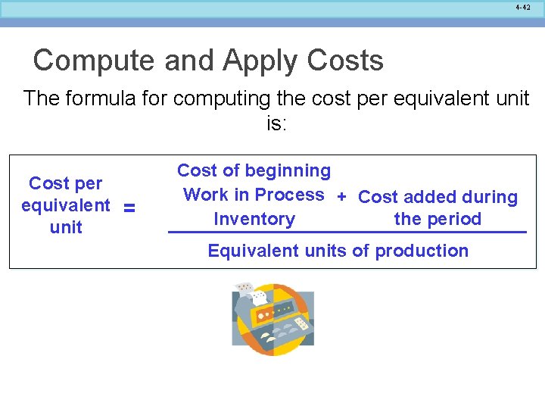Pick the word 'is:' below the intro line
(276, 123)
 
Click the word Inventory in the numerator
(254, 219)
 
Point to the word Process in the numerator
(289, 195)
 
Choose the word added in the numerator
(426, 197)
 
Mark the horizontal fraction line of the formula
(347, 231)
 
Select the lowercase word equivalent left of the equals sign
(65, 205)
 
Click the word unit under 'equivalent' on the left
(66, 227)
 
